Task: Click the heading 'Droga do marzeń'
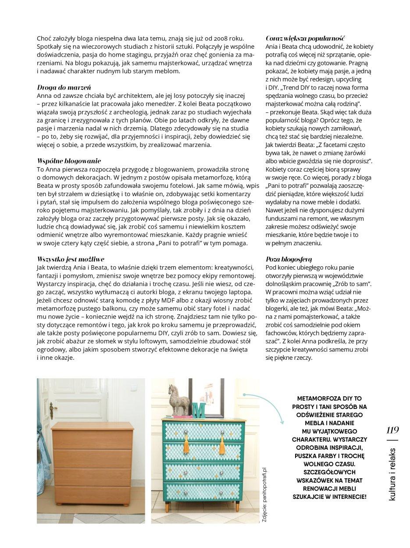[64, 87]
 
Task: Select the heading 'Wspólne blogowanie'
[69, 161]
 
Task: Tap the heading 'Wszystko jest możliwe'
[71, 259]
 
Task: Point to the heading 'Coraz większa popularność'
[305, 39]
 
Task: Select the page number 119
[392, 430]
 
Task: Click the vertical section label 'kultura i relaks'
[392, 474]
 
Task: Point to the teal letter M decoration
[200, 409]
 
